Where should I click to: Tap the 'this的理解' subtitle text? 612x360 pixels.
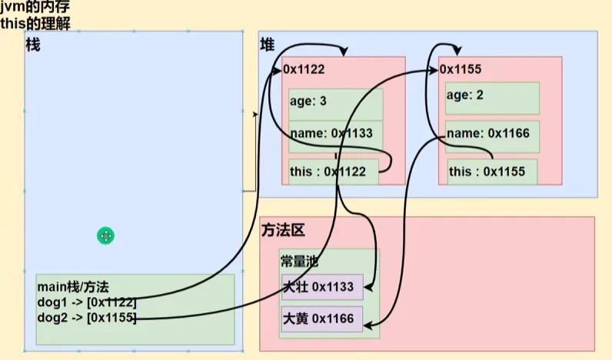coord(35,23)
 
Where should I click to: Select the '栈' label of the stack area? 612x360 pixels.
coord(33,45)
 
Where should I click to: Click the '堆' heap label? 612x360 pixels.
coord(268,46)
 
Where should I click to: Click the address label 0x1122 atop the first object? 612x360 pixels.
coord(304,69)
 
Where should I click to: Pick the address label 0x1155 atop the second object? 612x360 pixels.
coord(461,69)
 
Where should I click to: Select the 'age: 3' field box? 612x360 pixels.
coord(335,102)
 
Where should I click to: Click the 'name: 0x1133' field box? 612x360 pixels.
coord(335,133)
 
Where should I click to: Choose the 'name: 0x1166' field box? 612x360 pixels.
coord(492,133)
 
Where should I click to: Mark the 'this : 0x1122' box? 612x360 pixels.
coord(334,172)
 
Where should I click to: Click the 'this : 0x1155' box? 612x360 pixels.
coord(492,172)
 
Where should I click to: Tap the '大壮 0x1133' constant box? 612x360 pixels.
coord(322,287)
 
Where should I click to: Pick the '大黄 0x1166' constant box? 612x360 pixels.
coord(322,318)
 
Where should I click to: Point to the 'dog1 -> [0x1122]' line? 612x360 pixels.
coord(87,302)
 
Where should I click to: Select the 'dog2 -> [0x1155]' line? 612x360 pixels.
coord(87,317)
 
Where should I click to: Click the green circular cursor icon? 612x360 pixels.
coord(106,236)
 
